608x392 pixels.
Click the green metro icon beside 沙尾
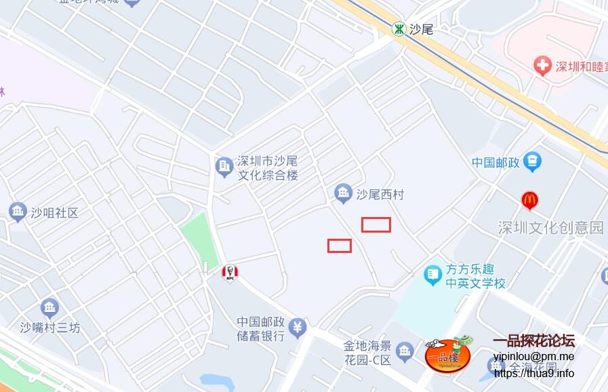[399, 28]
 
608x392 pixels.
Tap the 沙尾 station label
[421, 29]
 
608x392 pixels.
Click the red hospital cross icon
[542, 66]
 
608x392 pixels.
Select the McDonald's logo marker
[529, 200]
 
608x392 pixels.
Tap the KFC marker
[230, 273]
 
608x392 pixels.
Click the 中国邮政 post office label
[495, 163]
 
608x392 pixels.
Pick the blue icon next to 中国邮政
[533, 161]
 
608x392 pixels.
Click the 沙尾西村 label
[380, 195]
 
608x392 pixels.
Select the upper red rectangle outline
[376, 224]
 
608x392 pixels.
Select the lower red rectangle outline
[340, 246]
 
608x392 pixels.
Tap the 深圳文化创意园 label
[550, 227]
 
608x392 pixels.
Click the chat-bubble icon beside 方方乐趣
[432, 274]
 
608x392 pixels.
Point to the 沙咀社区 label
[54, 212]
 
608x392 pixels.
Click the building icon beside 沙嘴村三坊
[49, 308]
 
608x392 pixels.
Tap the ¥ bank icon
[298, 328]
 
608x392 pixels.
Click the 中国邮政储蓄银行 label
[260, 328]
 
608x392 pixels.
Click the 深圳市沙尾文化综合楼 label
[267, 168]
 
